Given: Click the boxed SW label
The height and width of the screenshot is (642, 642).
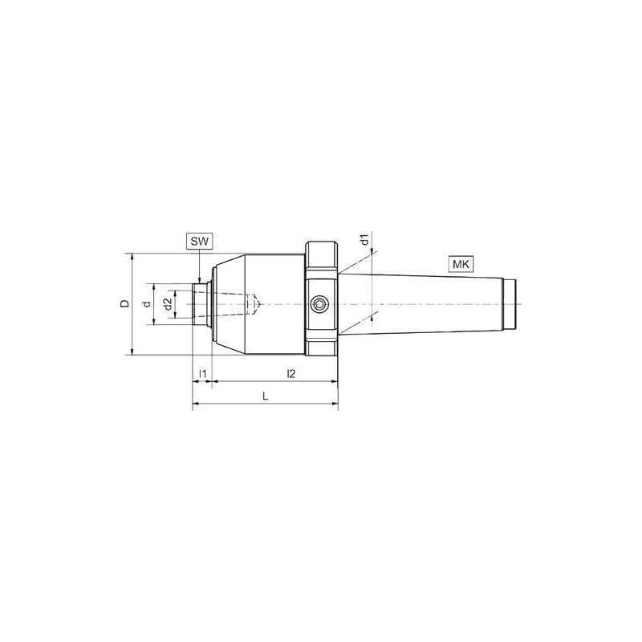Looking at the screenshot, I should pos(198,241).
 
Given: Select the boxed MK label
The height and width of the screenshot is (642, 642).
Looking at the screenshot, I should pos(461,264).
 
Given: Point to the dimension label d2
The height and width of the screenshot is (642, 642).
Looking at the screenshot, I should pos(166,304).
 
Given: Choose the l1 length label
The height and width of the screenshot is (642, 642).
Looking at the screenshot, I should pos(203,374).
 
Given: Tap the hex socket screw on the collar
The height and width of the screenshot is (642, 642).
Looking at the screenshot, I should pos(319,304).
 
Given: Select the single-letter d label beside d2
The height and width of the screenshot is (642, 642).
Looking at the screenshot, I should pos(144,304).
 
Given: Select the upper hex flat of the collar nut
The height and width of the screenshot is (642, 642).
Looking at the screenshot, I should pos(320,256).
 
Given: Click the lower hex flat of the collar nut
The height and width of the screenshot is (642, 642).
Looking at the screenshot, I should pos(320,351).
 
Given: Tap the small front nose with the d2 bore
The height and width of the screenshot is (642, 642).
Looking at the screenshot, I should pos(201,304).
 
